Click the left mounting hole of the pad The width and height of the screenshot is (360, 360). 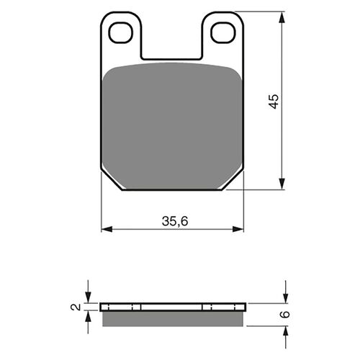[120, 33]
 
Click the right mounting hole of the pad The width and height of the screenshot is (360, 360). [222, 33]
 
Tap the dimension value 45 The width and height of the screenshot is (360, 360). [274, 102]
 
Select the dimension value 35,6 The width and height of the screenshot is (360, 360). [175, 221]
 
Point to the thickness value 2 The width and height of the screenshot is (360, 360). [76, 307]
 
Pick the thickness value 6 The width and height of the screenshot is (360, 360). [285, 314]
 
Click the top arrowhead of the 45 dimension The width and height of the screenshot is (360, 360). [282, 17]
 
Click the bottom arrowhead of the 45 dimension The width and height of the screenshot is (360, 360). [282, 184]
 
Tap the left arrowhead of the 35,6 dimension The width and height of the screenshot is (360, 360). [107, 229]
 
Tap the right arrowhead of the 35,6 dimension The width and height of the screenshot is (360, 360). [238, 229]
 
